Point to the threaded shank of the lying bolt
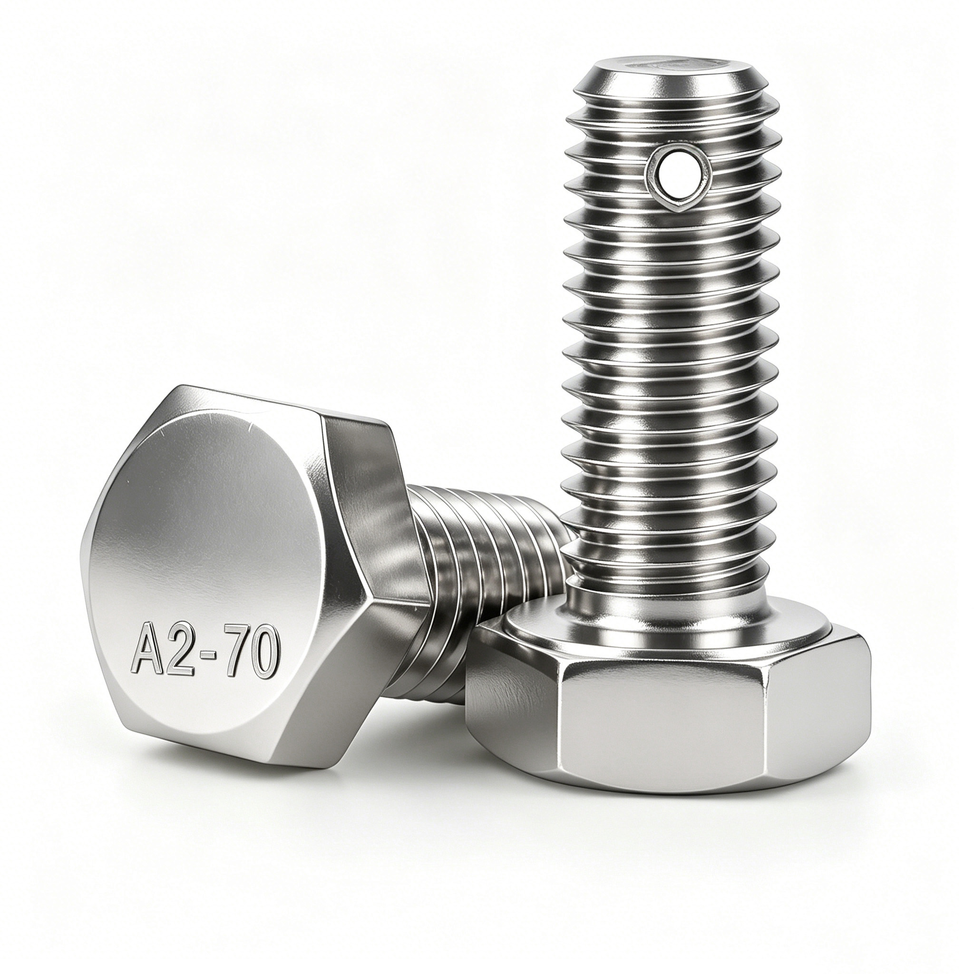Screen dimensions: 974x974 click(x=484, y=557)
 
